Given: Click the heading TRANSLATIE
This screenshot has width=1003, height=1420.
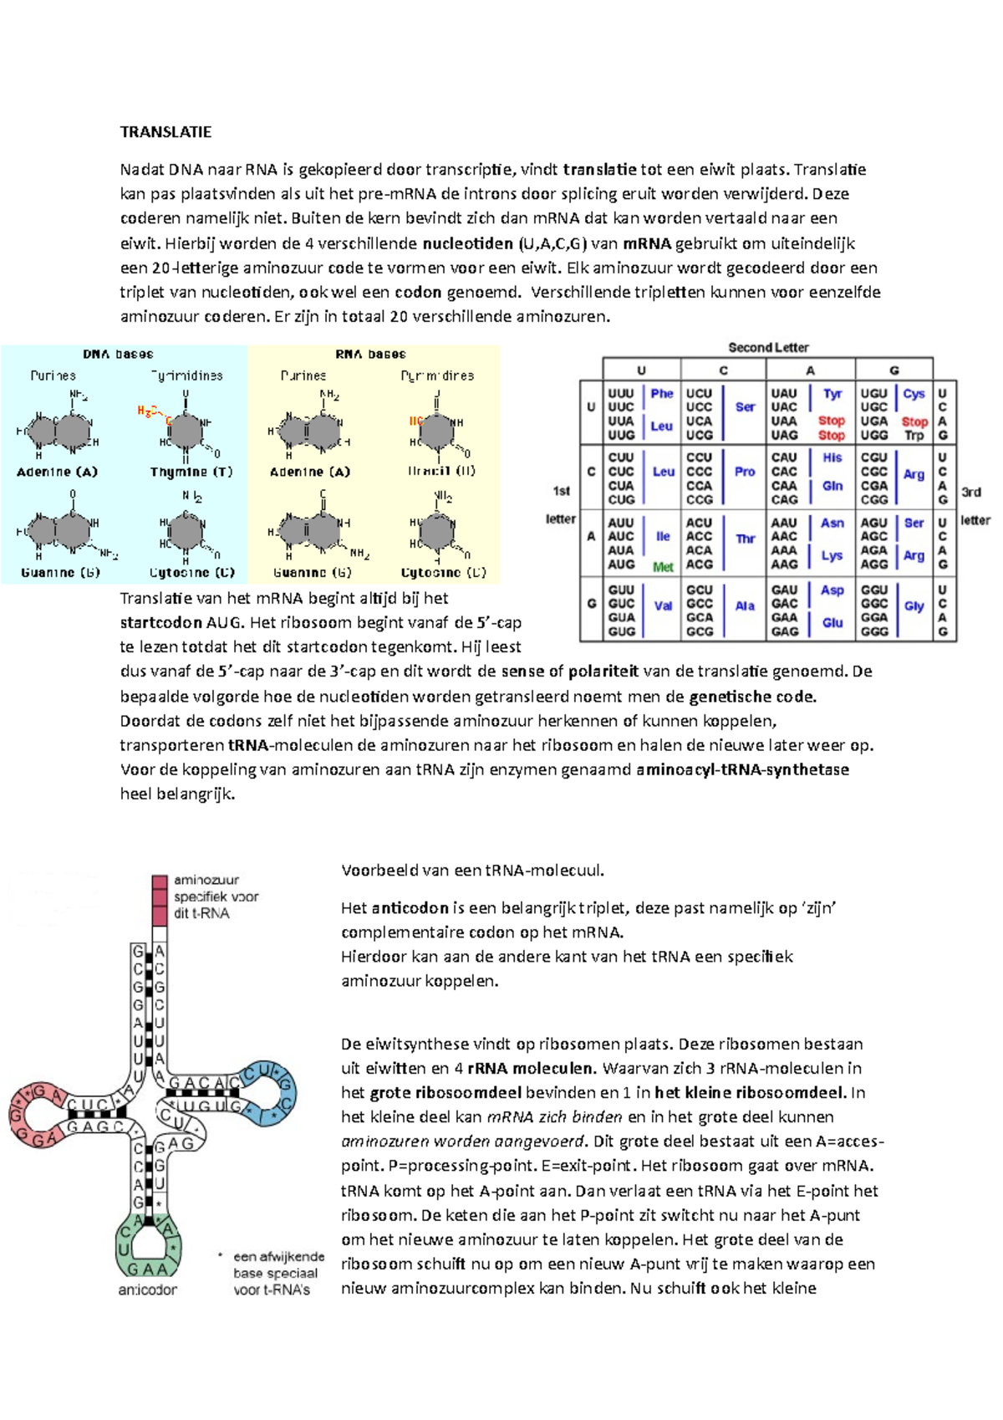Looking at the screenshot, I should click(165, 132).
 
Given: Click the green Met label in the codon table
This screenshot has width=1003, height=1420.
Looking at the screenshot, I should click(663, 567).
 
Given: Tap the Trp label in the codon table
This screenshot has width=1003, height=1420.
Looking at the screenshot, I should click(914, 435).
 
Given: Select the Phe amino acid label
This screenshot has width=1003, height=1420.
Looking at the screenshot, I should click(662, 393).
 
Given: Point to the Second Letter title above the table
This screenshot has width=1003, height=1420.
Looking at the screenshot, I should click(768, 347).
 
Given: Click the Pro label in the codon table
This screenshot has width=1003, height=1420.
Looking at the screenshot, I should click(745, 472).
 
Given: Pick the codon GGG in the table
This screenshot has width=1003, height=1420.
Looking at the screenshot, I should click(874, 631).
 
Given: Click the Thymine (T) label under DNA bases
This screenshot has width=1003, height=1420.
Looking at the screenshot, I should click(191, 472).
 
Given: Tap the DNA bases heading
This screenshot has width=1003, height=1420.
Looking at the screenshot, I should click(118, 354).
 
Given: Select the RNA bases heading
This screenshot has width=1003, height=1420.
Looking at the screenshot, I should click(370, 354).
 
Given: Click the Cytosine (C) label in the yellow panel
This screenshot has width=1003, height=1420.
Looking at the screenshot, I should click(443, 573).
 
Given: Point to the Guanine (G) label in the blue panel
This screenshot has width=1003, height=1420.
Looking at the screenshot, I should click(60, 573).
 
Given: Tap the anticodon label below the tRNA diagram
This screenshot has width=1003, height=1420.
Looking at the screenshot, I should click(147, 1290).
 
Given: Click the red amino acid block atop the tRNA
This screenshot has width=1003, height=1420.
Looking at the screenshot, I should click(160, 901).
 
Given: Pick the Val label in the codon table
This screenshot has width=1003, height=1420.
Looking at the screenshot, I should click(663, 605).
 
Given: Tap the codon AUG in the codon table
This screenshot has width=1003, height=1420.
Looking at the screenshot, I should click(621, 564).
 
